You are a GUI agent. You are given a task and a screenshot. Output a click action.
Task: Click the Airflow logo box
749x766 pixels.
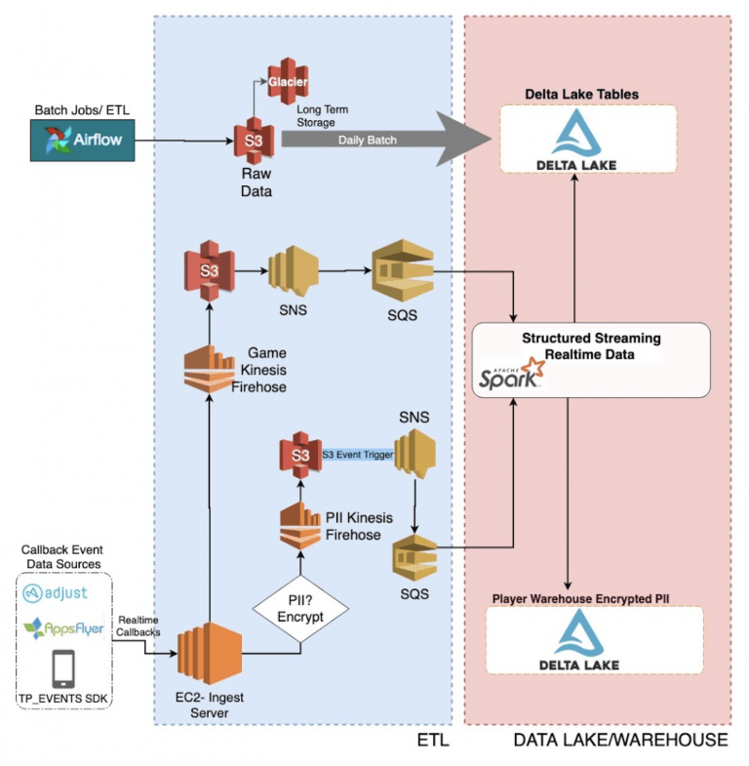point(83,141)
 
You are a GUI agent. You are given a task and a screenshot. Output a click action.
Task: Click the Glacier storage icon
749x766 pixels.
point(288,81)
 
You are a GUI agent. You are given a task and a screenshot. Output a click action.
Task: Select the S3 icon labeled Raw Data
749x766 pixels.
point(254,141)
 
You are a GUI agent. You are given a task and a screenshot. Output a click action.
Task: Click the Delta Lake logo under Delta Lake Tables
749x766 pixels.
point(576,140)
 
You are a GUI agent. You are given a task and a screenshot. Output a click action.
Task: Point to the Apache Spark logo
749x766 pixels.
point(511,374)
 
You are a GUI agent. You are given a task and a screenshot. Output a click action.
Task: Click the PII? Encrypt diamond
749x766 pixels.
point(300,609)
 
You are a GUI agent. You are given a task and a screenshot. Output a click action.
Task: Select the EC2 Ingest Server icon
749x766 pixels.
point(210,653)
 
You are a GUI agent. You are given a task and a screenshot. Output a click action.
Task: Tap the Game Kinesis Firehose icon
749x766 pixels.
point(209,369)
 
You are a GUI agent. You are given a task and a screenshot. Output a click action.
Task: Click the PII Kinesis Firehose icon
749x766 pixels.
point(300,526)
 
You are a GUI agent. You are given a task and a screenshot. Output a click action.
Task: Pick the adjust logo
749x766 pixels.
point(56,593)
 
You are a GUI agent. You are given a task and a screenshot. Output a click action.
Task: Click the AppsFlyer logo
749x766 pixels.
point(64,628)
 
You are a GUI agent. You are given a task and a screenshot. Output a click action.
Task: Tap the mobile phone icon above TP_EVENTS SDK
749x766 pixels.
point(63,668)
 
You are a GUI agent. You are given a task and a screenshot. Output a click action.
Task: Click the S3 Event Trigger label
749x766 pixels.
point(357,455)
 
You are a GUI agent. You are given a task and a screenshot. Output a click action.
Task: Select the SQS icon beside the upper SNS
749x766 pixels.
point(403,270)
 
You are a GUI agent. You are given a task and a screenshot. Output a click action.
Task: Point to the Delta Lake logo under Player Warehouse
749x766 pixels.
point(579,640)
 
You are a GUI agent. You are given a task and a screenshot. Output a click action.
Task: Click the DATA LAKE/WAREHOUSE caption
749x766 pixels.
point(620,740)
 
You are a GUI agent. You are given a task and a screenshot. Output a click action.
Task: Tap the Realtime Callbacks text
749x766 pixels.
point(138,625)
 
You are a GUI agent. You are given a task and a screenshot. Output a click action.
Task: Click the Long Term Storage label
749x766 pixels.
point(322,116)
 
